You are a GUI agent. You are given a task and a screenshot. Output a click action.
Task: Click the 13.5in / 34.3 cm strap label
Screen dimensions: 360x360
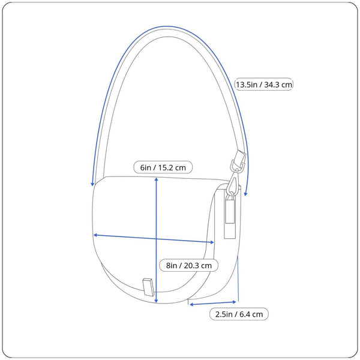point(264,85)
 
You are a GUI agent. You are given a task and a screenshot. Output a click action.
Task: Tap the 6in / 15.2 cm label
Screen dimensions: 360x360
point(163,167)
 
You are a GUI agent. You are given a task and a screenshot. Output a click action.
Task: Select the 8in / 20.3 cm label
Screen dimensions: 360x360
point(188,265)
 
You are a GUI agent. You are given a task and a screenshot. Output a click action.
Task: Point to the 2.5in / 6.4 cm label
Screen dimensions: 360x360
point(239,314)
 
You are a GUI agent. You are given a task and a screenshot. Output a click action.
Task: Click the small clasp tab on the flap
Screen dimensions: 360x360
point(148,287)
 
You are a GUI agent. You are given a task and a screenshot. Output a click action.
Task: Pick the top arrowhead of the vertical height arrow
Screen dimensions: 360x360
point(157,179)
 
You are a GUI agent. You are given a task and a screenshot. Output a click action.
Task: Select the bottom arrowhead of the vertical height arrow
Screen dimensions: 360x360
point(157,301)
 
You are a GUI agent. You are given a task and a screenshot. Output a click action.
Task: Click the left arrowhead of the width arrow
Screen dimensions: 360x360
point(95,235)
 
